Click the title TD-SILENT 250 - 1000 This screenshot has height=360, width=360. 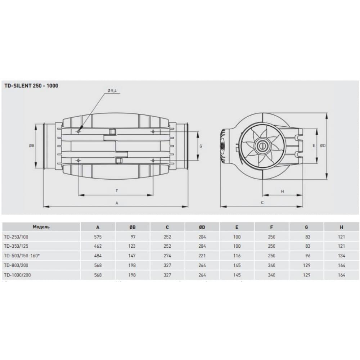pos(31,86)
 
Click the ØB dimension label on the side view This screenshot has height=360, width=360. pos(32,146)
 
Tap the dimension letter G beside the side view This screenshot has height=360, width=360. pos(201,146)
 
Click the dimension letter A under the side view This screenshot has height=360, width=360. pos(117,203)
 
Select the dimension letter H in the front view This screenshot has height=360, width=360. pos(283,192)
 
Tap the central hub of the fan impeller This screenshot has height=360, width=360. pos(262,146)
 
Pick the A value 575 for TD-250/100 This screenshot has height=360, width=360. pos(98,237)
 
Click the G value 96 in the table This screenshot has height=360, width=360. pos(306,256)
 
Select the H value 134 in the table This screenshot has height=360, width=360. pos(341,256)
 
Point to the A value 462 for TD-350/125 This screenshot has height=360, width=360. pos(98,246)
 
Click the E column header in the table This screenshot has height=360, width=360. pos(237,227)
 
